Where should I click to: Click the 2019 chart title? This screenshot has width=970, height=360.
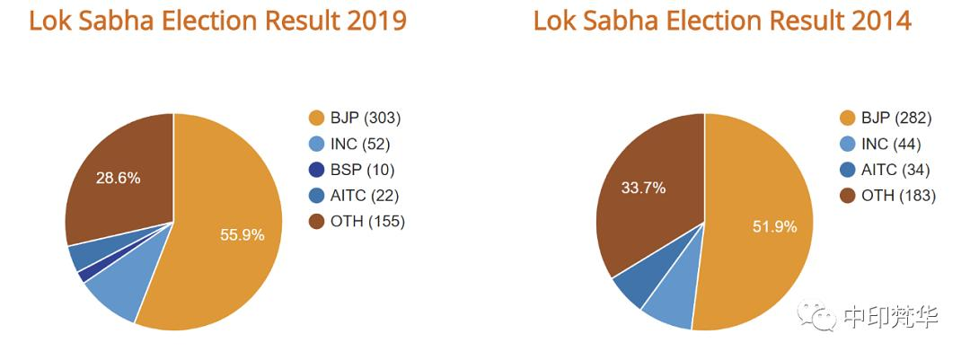tap(217, 21)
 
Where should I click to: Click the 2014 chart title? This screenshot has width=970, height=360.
tap(722, 21)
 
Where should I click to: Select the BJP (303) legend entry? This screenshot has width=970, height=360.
tap(356, 118)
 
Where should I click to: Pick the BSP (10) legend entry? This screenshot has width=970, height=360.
tap(352, 170)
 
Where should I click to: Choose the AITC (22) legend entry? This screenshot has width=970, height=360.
tap(354, 195)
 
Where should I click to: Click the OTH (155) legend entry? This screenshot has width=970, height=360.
tap(357, 221)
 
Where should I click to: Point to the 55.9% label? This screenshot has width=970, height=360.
tap(242, 234)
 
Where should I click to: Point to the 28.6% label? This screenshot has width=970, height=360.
tap(118, 178)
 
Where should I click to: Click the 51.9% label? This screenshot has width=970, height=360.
tap(774, 227)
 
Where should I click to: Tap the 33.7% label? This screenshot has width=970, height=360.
tap(644, 188)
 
